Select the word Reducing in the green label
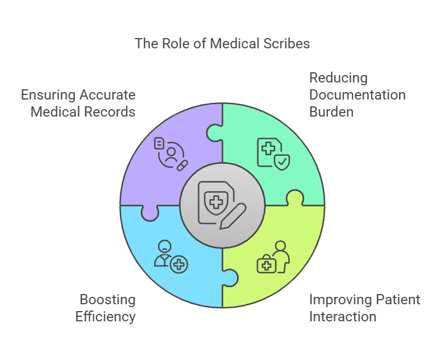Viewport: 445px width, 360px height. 338,78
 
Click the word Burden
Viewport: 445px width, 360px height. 331,111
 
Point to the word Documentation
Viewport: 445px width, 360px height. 357,94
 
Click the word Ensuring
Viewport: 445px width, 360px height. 46,94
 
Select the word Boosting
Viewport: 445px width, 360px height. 107,299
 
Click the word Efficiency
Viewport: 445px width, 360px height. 106,316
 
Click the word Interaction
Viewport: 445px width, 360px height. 343,316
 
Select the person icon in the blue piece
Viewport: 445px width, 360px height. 164,250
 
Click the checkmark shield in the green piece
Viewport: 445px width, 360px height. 282,162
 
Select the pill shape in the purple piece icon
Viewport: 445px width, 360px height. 182,165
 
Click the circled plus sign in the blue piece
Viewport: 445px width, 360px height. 180,264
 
